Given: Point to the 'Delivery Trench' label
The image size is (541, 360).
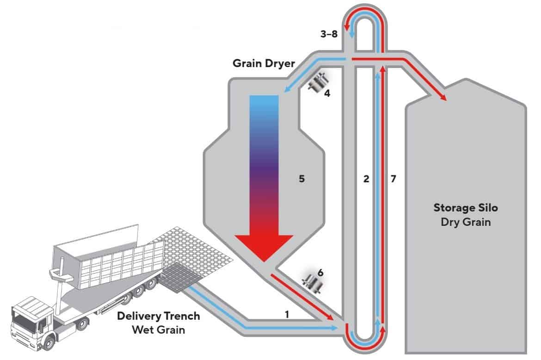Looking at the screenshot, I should point(159,317).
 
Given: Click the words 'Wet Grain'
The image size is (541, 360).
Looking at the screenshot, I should point(159,330).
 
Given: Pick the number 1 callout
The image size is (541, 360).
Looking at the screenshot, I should point(287,314).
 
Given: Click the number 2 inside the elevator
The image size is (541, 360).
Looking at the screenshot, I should point(366,178).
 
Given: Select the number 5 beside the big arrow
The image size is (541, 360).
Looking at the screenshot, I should point(301,178).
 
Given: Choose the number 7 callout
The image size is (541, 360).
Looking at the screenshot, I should point(393,178).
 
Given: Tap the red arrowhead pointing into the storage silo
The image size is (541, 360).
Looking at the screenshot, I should point(442,97).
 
